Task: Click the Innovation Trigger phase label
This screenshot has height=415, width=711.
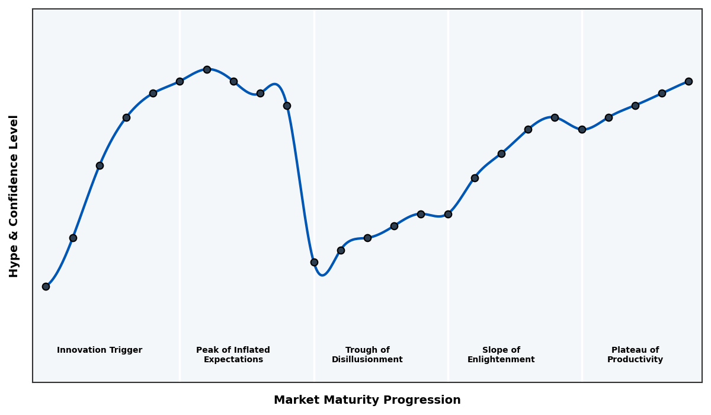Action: [100, 350]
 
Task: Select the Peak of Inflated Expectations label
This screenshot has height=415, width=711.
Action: [233, 355]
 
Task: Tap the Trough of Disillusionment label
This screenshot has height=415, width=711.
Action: [367, 355]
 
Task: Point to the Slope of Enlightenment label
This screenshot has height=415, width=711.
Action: [501, 355]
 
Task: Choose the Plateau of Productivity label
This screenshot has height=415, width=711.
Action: [635, 355]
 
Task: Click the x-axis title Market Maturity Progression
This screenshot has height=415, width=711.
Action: [367, 400]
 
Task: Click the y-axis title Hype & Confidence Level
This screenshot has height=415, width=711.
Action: [14, 196]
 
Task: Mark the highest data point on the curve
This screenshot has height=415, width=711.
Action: [207, 69]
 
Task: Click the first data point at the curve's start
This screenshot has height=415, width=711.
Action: [46, 286]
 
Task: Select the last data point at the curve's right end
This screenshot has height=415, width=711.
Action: [688, 81]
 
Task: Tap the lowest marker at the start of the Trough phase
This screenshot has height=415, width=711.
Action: [314, 262]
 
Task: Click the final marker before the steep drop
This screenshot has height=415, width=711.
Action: [287, 106]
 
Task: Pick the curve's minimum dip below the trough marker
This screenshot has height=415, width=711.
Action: [322, 275]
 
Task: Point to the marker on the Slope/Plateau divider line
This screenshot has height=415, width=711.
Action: [582, 129]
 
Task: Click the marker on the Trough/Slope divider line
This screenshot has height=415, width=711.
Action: [448, 214]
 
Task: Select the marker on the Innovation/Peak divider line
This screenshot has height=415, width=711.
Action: [180, 81]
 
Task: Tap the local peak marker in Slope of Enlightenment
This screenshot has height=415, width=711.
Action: [555, 117]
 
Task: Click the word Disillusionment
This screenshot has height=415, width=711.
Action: [367, 360]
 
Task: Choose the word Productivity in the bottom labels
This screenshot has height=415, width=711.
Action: [635, 360]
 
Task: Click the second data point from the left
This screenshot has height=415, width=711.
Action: [73, 238]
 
